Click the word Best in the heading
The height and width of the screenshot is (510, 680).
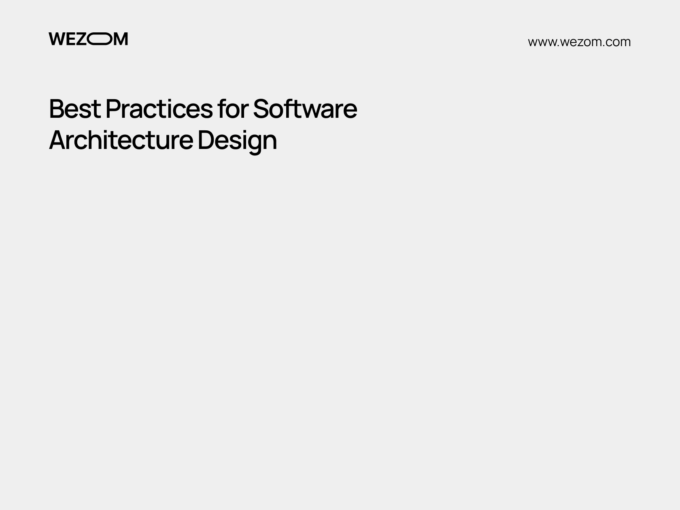click(74, 109)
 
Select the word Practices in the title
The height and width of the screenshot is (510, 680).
click(159, 109)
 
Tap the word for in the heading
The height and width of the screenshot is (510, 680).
click(233, 109)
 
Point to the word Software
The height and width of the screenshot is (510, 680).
click(305, 109)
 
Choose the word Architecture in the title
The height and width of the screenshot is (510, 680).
click(121, 140)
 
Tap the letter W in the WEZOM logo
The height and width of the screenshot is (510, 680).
click(56, 39)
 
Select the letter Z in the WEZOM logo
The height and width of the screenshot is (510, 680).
click(81, 39)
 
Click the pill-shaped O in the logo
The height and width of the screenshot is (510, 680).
click(99, 39)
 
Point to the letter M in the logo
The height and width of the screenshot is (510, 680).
click(120, 39)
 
